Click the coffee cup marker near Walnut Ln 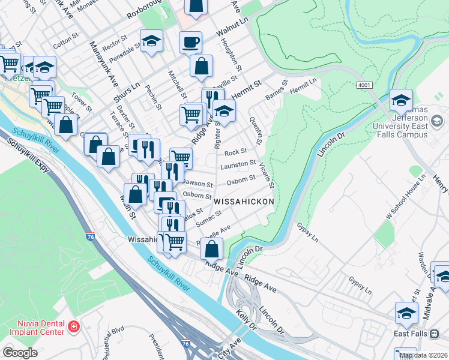[x=191, y=43]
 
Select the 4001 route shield [x=364, y=86]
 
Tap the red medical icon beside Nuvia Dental [x=74, y=327]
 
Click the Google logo [x=20, y=352]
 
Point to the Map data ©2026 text [x=423, y=355]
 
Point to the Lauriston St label [x=238, y=163]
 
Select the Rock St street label [x=235, y=152]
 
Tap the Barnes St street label [x=277, y=91]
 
